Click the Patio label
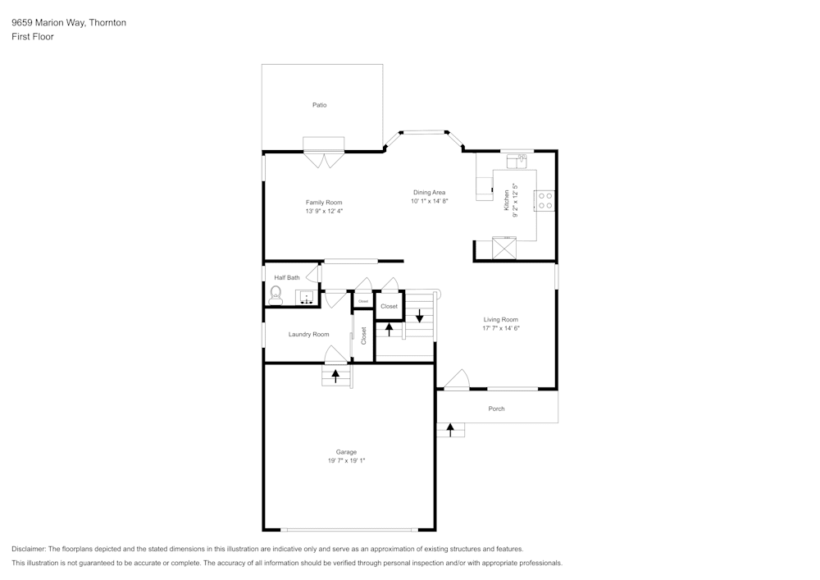tap(319, 105)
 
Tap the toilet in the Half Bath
tap(276, 294)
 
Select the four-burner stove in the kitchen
tap(544, 200)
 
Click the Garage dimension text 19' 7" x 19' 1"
tap(346, 461)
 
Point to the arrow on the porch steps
tap(450, 429)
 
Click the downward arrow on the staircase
tap(419, 314)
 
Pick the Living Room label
tap(500, 319)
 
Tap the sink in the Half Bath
tap(307, 297)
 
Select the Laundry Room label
tap(308, 334)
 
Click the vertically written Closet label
tap(364, 336)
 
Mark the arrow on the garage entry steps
tap(335, 376)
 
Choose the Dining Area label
tap(429, 192)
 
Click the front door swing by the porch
tap(456, 379)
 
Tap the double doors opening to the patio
tap(324, 160)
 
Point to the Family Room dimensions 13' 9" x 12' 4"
tap(324, 211)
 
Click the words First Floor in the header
tap(33, 37)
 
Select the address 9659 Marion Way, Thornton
tap(69, 23)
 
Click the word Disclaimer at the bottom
tap(29, 549)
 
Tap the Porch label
tap(496, 409)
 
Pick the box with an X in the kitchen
tap(503, 248)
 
